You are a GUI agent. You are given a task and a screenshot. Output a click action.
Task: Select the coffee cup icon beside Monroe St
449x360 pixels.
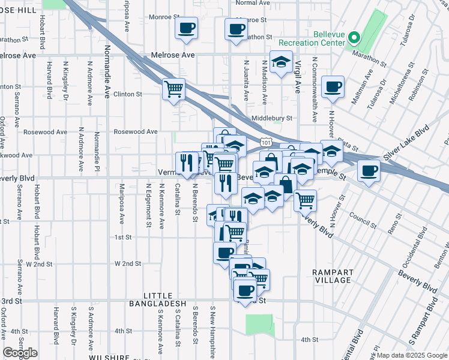point(186,28)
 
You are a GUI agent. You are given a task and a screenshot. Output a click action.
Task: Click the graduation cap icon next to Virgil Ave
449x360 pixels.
point(280,63)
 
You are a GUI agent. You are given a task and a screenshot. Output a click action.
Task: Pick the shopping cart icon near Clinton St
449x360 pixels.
point(173,89)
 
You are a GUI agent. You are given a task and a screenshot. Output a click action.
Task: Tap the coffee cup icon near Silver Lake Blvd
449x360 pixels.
point(367,171)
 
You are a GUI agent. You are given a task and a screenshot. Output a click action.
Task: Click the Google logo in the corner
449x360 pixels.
point(20,353)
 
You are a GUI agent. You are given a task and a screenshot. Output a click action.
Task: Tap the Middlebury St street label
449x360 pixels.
point(271,119)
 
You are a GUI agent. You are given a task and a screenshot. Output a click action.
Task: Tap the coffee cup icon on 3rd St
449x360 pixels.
point(244,290)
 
